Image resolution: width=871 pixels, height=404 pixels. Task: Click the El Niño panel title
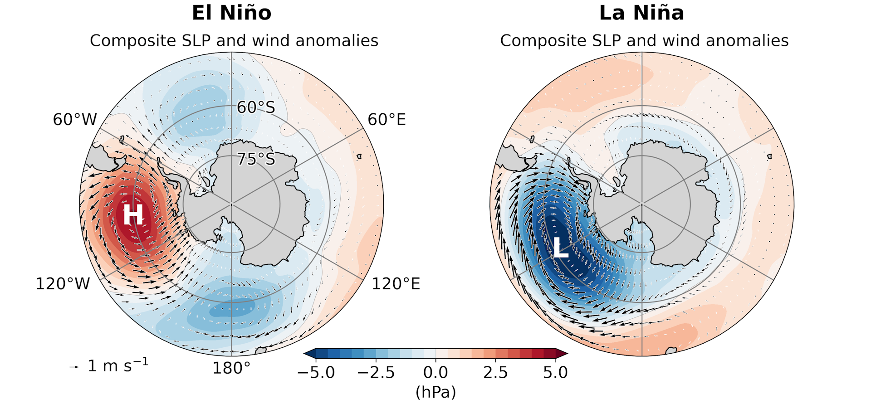[x=231, y=13]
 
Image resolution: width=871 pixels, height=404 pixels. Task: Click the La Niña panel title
[x=641, y=13]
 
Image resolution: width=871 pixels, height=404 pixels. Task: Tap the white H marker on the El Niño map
[x=133, y=214]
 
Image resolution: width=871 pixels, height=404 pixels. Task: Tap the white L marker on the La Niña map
[x=561, y=248]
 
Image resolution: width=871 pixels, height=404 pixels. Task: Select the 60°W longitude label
[x=75, y=120]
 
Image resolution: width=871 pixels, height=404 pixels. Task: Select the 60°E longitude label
[x=387, y=120]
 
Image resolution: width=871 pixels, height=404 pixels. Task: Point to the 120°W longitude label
[x=63, y=284]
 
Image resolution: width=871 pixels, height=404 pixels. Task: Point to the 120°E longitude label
[x=396, y=284]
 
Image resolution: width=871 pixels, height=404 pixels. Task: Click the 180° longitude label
[x=231, y=368]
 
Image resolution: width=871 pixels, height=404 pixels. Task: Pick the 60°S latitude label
[x=256, y=107]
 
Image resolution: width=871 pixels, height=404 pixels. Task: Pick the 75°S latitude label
[x=256, y=159]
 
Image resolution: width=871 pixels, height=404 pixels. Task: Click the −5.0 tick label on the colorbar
[x=316, y=373]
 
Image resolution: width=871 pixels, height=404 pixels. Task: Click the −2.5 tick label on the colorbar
[x=376, y=373]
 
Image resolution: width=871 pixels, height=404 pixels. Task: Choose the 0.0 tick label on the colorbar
[x=435, y=373]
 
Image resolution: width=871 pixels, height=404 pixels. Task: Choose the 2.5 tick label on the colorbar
[x=495, y=373]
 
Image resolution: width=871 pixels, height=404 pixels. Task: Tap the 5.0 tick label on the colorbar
[x=555, y=373]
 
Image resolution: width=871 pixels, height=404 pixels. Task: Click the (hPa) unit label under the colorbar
[x=435, y=392]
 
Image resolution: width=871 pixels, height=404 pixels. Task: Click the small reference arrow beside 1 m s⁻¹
[x=74, y=367]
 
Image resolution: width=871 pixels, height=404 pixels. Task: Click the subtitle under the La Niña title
[x=644, y=41]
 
